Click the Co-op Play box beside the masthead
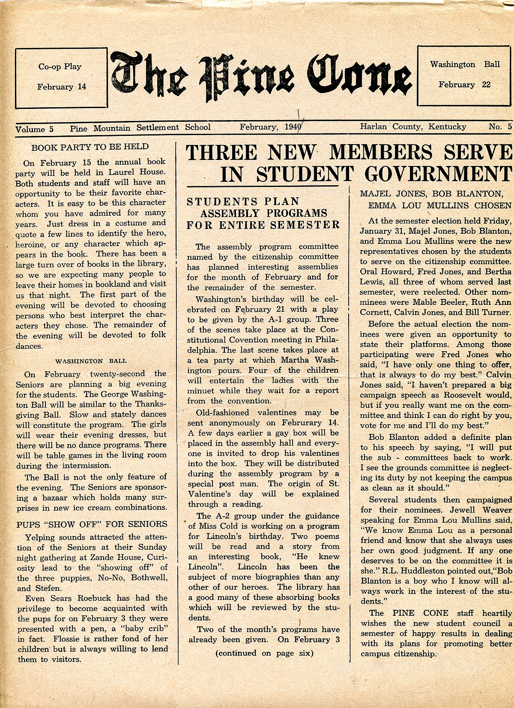click(61, 77)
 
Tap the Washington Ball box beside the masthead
click(465, 75)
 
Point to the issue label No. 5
click(500, 127)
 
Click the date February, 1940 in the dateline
click(270, 127)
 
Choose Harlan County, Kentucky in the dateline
click(413, 127)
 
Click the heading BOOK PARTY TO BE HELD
click(90, 147)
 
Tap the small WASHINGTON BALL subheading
click(91, 361)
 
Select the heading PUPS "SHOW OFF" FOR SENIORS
click(92, 524)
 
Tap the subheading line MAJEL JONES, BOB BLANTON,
click(430, 194)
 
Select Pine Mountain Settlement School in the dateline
click(140, 127)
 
